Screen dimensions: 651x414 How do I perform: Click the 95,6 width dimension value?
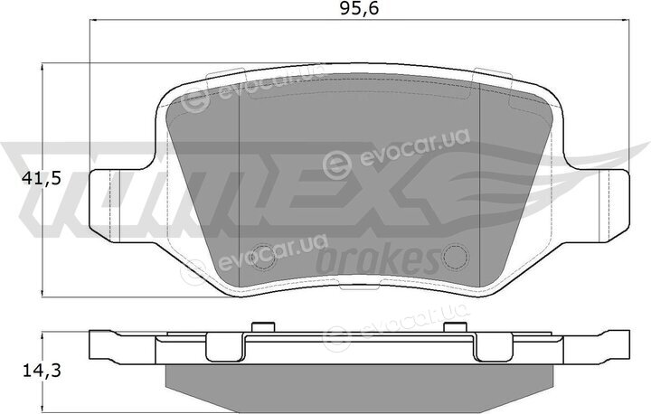tap(359, 8)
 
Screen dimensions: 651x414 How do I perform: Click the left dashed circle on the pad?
tap(263, 257)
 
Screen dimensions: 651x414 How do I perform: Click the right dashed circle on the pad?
tap(456, 257)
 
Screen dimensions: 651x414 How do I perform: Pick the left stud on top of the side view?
tap(263, 327)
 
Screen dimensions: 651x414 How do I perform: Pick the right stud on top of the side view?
tap(455, 327)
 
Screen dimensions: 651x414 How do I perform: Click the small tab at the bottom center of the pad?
tap(359, 286)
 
